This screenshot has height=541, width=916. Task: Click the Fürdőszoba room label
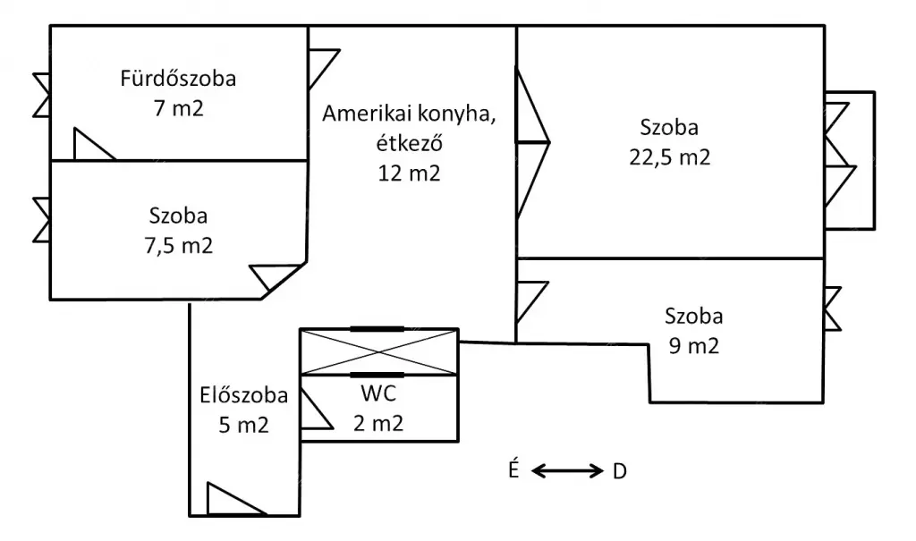[178, 79]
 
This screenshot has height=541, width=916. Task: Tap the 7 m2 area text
[178, 108]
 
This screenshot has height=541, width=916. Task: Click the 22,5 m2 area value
[669, 157]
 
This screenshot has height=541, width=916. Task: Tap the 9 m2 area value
[693, 345]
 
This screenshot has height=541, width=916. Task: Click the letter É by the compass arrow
[514, 469]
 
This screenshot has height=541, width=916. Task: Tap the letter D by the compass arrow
[619, 471]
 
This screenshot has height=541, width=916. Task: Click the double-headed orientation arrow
[567, 470]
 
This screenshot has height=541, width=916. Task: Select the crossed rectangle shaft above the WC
[378, 351]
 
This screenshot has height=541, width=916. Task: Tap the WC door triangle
[312, 413]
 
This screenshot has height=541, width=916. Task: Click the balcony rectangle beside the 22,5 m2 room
[860, 160]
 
